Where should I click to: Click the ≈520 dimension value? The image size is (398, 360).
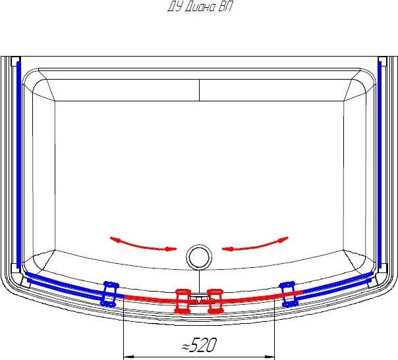(x=200, y=345)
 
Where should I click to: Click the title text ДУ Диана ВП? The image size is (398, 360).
(x=200, y=7)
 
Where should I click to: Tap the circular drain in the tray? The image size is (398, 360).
(x=199, y=257)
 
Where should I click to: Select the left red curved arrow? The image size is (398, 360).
(x=143, y=245)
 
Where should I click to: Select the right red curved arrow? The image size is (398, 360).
(x=255, y=245)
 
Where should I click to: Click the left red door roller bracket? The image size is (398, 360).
(x=183, y=301)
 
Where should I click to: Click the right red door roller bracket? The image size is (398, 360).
(x=215, y=301)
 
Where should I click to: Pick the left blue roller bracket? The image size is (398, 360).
(x=109, y=294)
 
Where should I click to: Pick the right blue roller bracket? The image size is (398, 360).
(x=289, y=294)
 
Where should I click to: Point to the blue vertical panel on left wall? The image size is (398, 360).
(x=18, y=165)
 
